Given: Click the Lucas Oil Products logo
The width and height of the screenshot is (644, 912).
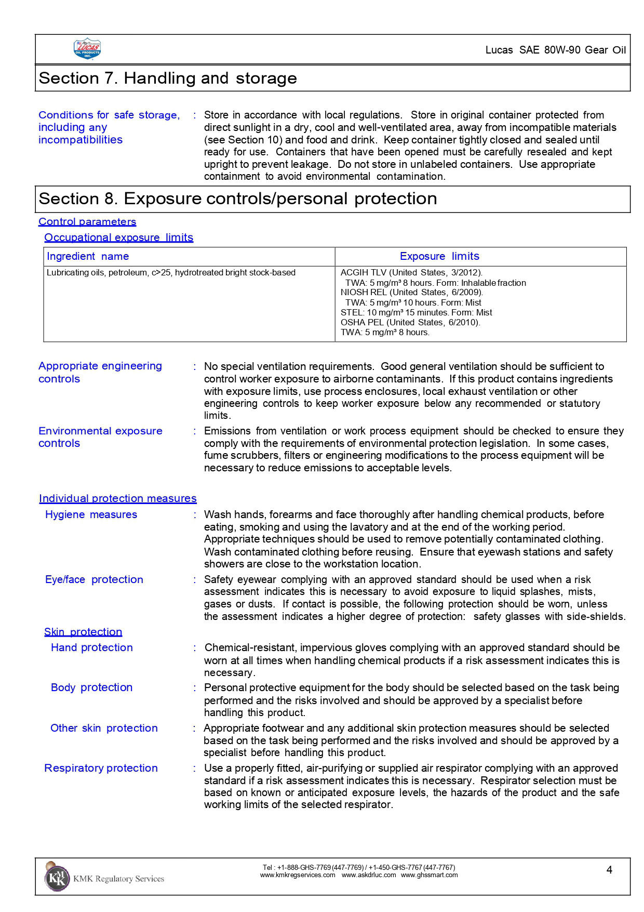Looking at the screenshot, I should (x=87, y=49).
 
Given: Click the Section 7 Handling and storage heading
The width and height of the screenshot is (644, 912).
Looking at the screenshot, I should (x=168, y=78).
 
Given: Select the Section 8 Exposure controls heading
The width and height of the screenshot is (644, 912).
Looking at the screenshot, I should (x=238, y=199).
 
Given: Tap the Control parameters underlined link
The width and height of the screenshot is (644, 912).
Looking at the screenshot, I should (x=87, y=222).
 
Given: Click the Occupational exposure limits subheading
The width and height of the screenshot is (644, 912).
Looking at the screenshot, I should (x=118, y=238).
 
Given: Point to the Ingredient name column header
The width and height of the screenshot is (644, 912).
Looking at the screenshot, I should (x=88, y=257).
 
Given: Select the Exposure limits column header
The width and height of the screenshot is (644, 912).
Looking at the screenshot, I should (x=439, y=257).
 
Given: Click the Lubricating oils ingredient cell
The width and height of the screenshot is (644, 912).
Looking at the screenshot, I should (x=171, y=273).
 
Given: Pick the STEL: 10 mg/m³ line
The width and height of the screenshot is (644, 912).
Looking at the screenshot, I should (x=416, y=313).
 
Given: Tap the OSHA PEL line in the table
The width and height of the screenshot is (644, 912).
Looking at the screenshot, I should (x=410, y=323).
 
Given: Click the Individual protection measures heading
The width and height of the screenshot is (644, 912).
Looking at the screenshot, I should (x=118, y=499).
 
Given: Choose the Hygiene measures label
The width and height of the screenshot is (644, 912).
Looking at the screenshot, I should (x=91, y=515).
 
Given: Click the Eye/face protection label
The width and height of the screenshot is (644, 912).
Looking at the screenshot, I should (x=94, y=580).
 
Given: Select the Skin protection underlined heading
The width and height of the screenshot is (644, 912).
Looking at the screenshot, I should (x=83, y=632).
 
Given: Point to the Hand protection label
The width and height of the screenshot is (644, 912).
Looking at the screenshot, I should (x=92, y=648).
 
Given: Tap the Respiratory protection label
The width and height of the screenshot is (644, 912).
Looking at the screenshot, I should (x=101, y=769).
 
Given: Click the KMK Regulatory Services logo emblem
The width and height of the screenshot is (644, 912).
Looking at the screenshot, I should (x=56, y=878).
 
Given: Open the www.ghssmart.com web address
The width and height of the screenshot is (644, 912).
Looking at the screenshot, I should (x=429, y=875).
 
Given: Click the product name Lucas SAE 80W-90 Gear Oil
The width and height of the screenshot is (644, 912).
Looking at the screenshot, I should (x=555, y=50).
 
